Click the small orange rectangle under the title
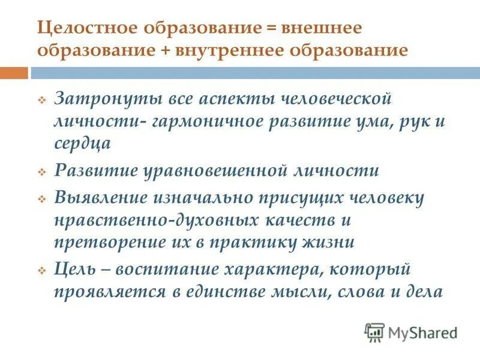[13, 73]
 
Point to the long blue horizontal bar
[251, 73]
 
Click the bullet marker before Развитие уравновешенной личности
[42, 172]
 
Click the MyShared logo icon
[374, 332]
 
